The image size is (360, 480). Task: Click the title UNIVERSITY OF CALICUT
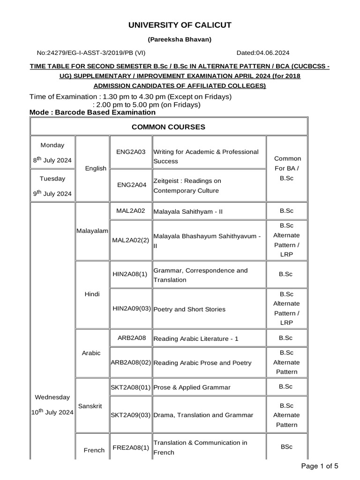coord(180,25)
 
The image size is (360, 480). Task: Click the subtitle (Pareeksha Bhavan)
coord(180,39)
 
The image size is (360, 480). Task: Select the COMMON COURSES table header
coord(168,127)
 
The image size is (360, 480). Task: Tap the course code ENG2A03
coord(131,152)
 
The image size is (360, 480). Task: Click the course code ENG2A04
coord(131,185)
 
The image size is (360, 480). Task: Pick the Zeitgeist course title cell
coord(209,186)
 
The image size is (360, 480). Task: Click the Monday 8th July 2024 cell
coord(52,153)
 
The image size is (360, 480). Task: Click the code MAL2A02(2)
coord(131,240)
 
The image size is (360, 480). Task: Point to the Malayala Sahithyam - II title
coord(188,211)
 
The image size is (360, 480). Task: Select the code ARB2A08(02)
coord(131,362)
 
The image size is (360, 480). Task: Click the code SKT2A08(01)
coord(131,387)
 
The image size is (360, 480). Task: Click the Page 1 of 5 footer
coord(319,465)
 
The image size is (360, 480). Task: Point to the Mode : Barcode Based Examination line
coord(92,112)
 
